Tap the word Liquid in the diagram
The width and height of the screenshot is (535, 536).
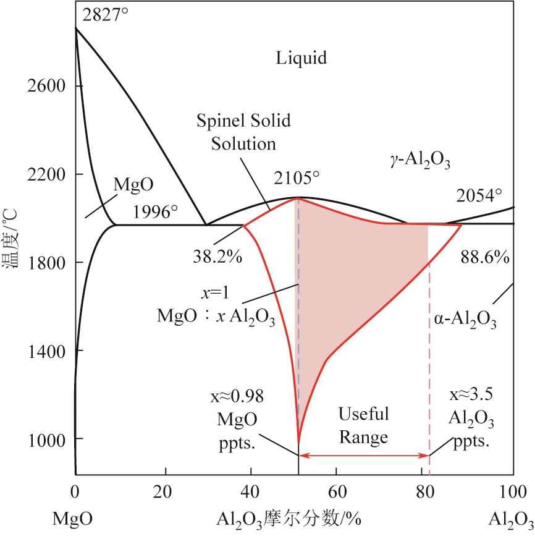[x=301, y=58]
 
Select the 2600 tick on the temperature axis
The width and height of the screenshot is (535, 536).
[x=48, y=85]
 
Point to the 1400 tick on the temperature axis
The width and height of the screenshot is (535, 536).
[x=48, y=351]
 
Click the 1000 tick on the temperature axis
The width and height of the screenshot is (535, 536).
[x=48, y=439]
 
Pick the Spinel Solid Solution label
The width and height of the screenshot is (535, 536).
[x=243, y=131]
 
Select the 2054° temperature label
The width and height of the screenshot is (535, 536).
[x=479, y=195]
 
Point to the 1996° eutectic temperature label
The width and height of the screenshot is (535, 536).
[x=154, y=212]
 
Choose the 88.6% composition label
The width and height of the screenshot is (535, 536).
[x=485, y=257]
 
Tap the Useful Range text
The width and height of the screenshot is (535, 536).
[x=363, y=425]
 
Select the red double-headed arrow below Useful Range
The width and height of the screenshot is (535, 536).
[x=363, y=456]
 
